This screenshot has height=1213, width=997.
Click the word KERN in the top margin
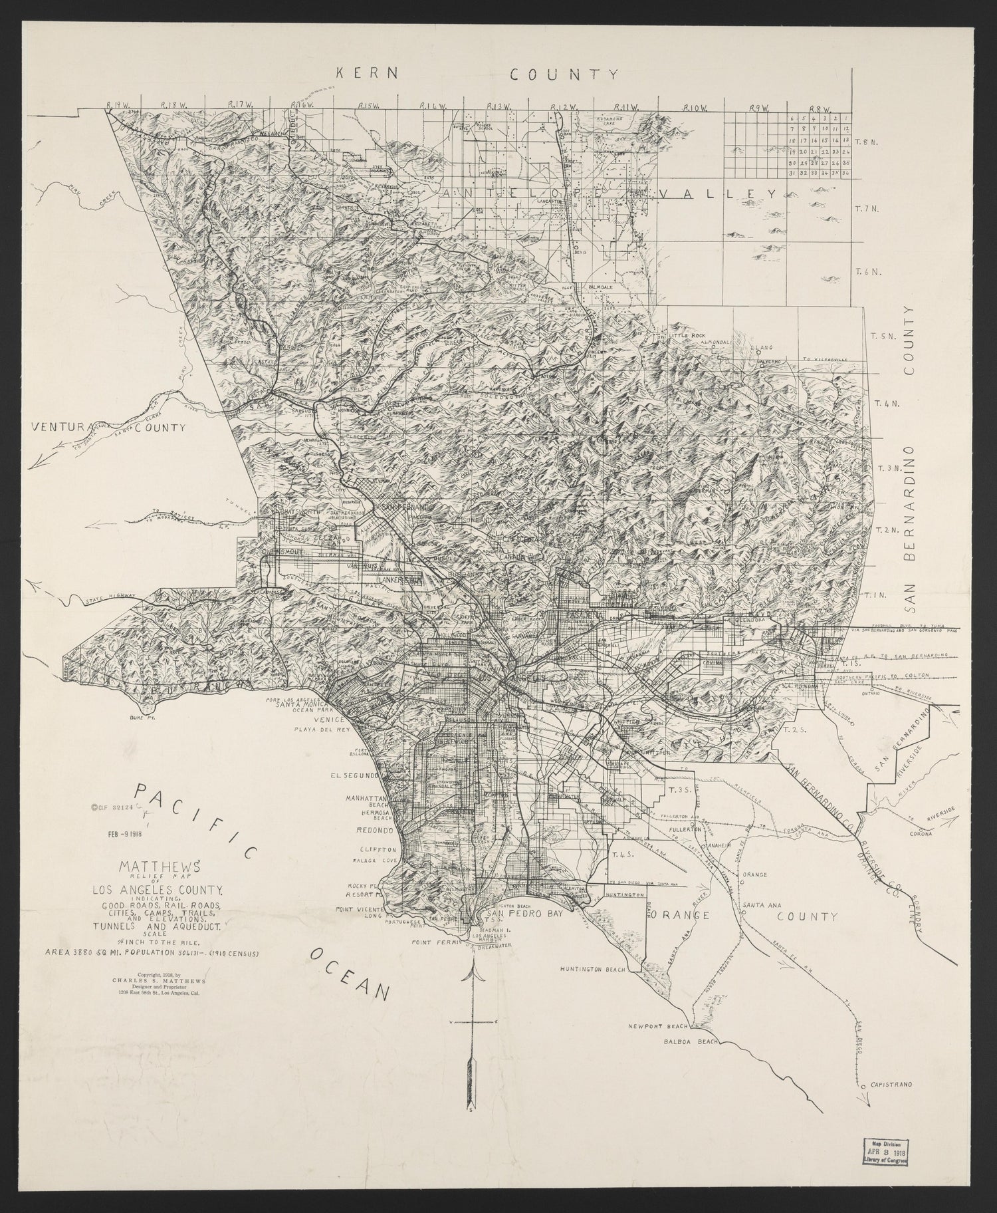pos(366,74)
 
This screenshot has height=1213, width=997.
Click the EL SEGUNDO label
pos(359,775)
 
